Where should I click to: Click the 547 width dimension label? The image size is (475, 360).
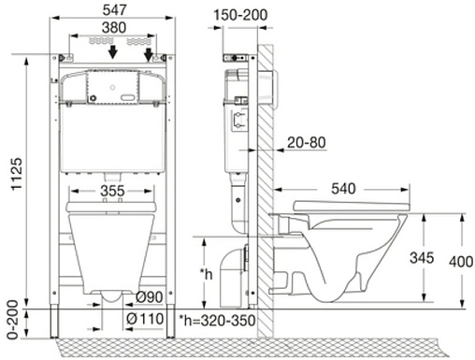(x=110, y=9)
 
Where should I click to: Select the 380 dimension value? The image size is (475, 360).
(x=110, y=28)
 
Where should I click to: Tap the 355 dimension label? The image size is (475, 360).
(x=110, y=193)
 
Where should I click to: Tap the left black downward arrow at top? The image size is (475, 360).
(x=112, y=52)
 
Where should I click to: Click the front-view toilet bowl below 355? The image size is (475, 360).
(x=110, y=248)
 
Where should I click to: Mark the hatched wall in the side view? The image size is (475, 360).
(x=266, y=187)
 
